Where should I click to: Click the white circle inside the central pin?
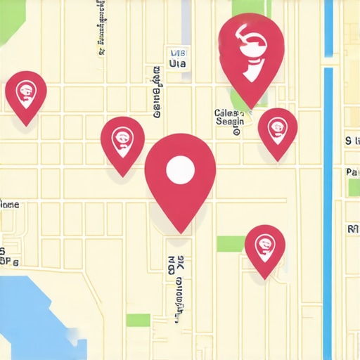(x=179, y=169)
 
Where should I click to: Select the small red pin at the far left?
(x=26, y=93)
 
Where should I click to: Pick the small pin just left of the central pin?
(x=122, y=141)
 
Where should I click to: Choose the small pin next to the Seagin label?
(x=277, y=130)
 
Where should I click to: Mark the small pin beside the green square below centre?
(x=265, y=246)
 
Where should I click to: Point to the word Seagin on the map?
(x=230, y=121)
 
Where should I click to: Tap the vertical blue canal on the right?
(x=328, y=211)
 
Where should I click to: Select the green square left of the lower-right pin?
(x=229, y=244)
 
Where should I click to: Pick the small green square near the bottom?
(x=138, y=320)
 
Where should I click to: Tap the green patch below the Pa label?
(x=354, y=188)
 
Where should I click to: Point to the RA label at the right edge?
(x=353, y=229)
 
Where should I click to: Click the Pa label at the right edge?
(x=353, y=172)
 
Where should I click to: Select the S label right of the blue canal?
(x=348, y=141)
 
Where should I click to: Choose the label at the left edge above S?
(x=9, y=205)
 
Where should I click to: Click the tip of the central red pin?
(x=181, y=231)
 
